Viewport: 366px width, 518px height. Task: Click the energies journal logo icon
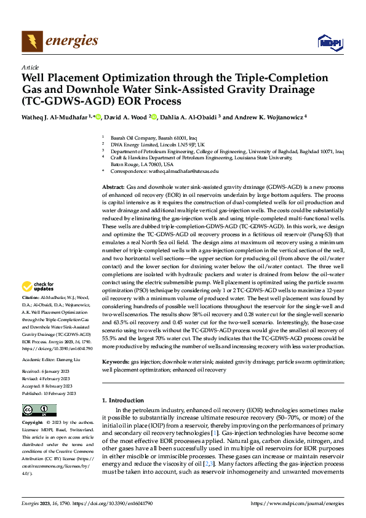(x=30, y=41)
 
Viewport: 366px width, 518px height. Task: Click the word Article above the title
(x=30, y=67)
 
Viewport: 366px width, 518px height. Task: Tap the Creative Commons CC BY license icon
(x=39, y=410)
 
